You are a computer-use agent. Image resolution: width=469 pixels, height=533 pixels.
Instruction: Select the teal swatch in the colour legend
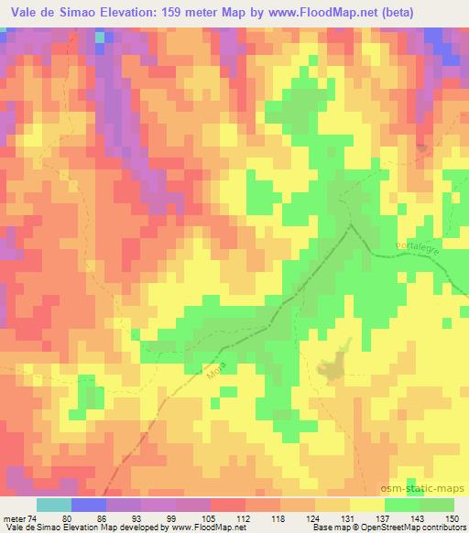[x=53, y=505]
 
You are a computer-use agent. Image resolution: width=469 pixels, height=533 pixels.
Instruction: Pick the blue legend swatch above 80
[x=88, y=505]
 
